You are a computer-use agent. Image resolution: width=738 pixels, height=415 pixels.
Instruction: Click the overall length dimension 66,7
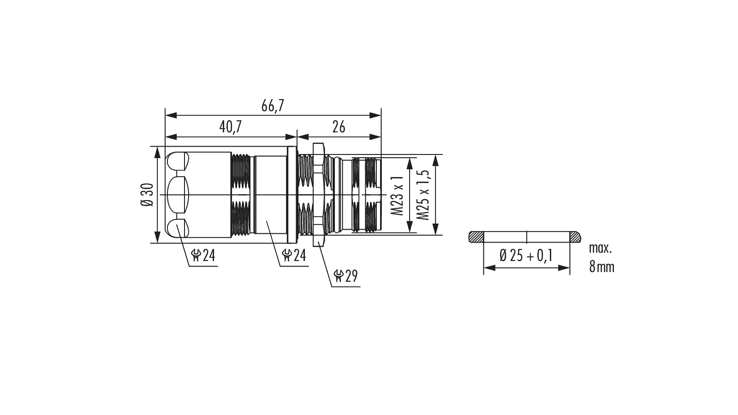(272, 106)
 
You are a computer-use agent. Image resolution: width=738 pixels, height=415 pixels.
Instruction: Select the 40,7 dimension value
(230, 127)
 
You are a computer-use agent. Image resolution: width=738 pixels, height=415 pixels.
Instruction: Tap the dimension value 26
(339, 127)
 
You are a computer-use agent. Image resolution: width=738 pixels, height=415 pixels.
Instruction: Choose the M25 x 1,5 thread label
(423, 195)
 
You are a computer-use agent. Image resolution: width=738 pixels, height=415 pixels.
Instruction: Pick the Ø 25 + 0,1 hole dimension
(526, 255)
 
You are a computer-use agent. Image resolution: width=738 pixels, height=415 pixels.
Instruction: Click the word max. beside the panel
(600, 248)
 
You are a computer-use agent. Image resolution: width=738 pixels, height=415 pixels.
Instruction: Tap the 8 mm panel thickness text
(601, 267)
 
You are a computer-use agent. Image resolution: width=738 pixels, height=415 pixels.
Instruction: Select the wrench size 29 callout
(345, 276)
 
